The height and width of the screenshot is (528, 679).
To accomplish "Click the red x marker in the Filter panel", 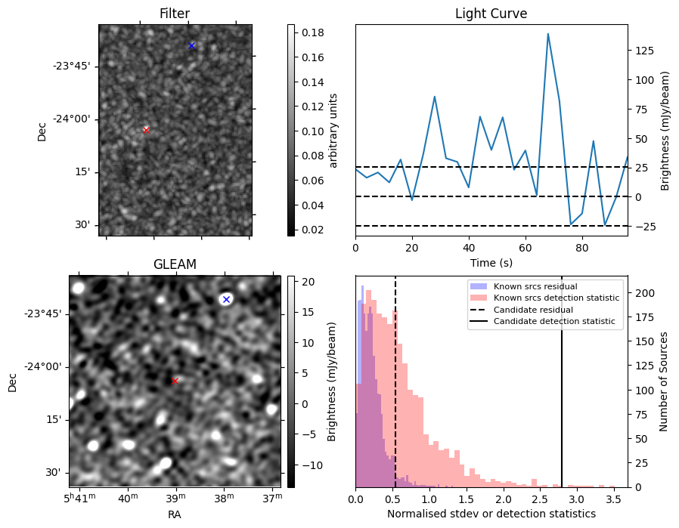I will pos(146,130).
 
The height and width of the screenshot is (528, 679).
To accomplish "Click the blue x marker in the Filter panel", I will pos(192,45).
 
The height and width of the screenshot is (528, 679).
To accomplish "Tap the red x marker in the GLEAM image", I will pos(175,381).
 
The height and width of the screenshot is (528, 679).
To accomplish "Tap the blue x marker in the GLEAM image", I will pos(225,300).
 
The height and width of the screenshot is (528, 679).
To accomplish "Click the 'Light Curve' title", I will pos(491,14).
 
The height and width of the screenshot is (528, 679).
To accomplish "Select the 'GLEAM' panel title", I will pos(175,264).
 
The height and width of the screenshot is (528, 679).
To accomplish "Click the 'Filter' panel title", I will pos(175,14).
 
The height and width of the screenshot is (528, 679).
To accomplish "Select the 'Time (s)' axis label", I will pos(491,262).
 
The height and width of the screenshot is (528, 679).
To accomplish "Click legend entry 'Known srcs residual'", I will pos(535,286).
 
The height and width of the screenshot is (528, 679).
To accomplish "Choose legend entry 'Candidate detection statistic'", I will pos(554,322).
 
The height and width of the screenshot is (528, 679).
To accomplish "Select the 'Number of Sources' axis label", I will pos(663,381).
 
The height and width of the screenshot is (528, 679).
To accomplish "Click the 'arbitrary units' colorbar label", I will pos(333,130).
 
